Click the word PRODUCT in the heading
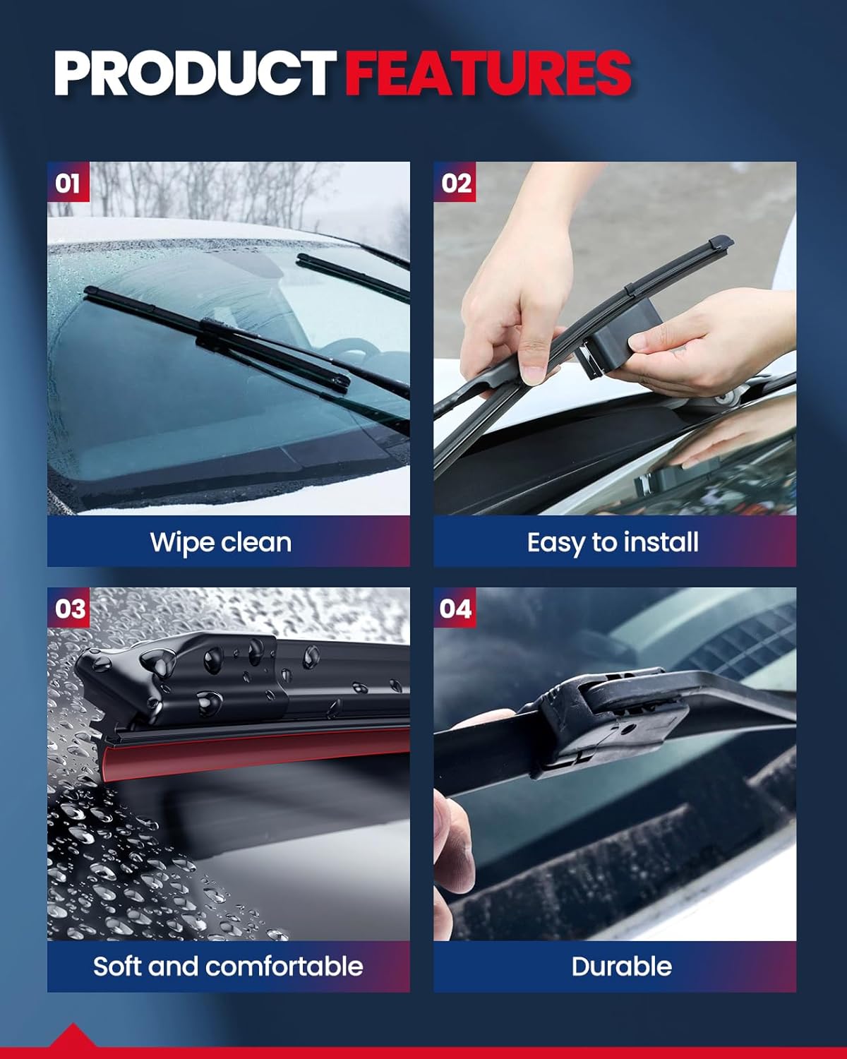(194, 73)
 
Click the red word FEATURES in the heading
(488, 73)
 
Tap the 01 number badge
(68, 184)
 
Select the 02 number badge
(455, 184)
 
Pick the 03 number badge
(69, 609)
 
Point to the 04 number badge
(455, 609)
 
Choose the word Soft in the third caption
(118, 967)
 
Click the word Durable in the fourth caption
(621, 967)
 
